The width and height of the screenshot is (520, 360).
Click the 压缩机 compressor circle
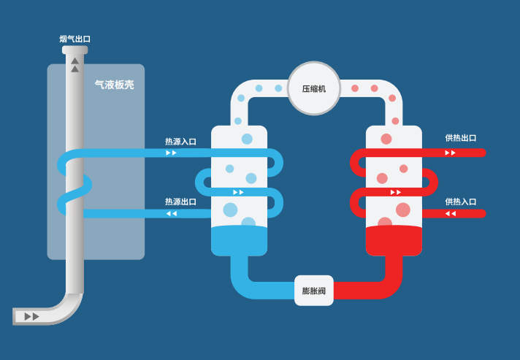pos(314,88)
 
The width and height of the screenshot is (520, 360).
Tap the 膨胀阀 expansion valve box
pos(314,291)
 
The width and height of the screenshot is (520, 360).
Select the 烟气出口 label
pos(74,39)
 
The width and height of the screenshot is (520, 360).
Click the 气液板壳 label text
pos(115,85)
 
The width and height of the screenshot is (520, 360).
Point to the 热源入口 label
pos(180,142)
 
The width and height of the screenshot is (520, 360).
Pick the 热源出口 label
pos(180,202)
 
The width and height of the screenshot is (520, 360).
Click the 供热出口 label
pos(460,138)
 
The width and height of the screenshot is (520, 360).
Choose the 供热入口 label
pos(460,202)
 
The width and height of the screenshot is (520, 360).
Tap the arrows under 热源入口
pos(171,153)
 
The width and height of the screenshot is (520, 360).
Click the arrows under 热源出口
pos(172,213)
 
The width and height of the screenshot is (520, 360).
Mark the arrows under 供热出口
pos(450,153)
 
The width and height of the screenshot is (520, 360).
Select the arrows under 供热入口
pos(451,213)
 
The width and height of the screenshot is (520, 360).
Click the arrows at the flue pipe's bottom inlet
pos(32,316)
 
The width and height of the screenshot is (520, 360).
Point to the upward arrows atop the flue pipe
pos(74,65)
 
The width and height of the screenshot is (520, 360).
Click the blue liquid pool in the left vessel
pos(239,240)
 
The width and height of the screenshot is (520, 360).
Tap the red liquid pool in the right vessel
pos(394,240)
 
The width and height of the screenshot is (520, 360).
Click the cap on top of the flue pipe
pos(74,50)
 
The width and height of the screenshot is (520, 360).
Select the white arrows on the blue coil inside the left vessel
pos(238,192)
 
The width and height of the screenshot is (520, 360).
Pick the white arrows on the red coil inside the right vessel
pos(396,192)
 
